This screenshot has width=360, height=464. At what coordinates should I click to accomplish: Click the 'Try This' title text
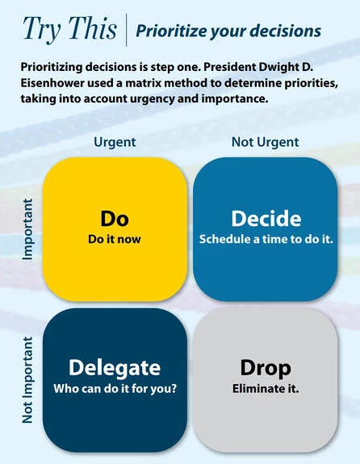coord(70,29)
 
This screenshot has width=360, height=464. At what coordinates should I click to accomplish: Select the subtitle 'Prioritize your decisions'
coord(228,31)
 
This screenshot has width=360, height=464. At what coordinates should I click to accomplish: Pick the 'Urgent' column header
coord(115,142)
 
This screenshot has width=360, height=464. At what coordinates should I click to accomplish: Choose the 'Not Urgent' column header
coord(266,142)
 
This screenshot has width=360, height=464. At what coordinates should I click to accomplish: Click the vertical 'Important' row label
coord(27,230)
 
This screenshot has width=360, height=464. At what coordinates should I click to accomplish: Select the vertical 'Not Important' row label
coord(27,380)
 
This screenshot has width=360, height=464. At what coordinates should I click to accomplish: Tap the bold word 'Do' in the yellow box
coord(115,219)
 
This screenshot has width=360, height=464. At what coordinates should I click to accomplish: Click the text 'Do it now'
coord(115,239)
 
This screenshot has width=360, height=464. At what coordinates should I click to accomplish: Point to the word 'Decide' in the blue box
coord(266,219)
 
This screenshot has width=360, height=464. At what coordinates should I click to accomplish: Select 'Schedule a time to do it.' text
coord(266,239)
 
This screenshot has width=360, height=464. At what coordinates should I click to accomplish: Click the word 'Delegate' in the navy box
coord(115,369)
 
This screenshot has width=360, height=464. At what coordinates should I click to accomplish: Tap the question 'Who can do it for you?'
coord(115,388)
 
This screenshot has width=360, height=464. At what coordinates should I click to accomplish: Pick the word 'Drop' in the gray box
coord(266,369)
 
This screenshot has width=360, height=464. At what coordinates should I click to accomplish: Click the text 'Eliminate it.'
coord(266,388)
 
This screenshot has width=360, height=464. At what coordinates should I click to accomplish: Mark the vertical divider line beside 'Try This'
coord(127,30)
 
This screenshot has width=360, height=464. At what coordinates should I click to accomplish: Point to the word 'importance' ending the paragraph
coord(235,98)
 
